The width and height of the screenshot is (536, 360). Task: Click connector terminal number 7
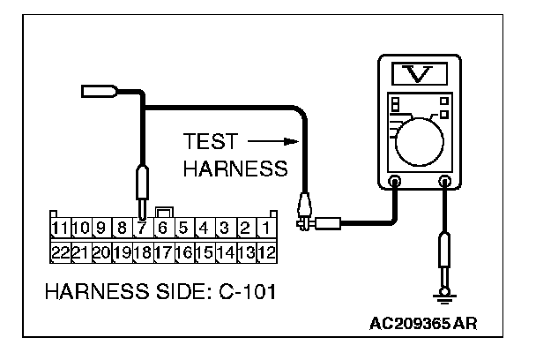pyautogui.click(x=141, y=229)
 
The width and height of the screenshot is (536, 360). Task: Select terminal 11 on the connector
pyautogui.click(x=61, y=229)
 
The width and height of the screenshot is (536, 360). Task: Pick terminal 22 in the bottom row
pyautogui.click(x=61, y=252)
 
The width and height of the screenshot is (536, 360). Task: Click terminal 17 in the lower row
pyautogui.click(x=161, y=252)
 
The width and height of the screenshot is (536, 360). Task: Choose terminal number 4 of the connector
pyautogui.click(x=203, y=229)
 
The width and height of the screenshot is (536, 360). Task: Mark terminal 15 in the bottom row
pyautogui.click(x=203, y=252)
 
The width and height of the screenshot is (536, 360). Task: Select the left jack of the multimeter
pyautogui.click(x=395, y=184)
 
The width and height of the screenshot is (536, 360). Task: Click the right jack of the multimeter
pyautogui.click(x=445, y=184)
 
